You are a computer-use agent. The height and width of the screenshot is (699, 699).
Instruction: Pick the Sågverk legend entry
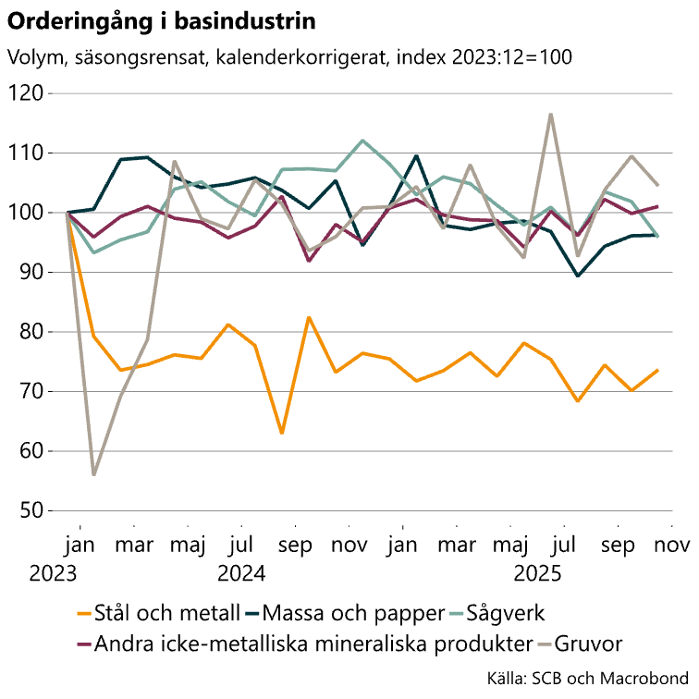click(505, 613)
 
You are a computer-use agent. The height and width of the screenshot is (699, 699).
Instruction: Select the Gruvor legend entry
click(590, 644)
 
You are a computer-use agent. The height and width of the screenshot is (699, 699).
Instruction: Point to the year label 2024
click(242, 573)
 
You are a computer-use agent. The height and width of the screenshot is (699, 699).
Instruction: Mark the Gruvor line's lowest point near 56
click(94, 475)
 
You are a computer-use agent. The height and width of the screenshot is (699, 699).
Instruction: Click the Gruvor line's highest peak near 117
click(551, 114)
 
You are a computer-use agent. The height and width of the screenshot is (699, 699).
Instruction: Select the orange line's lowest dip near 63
click(282, 433)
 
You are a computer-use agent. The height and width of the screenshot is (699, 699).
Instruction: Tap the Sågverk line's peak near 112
click(362, 141)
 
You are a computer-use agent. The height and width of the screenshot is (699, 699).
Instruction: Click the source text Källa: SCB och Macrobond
click(588, 679)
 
